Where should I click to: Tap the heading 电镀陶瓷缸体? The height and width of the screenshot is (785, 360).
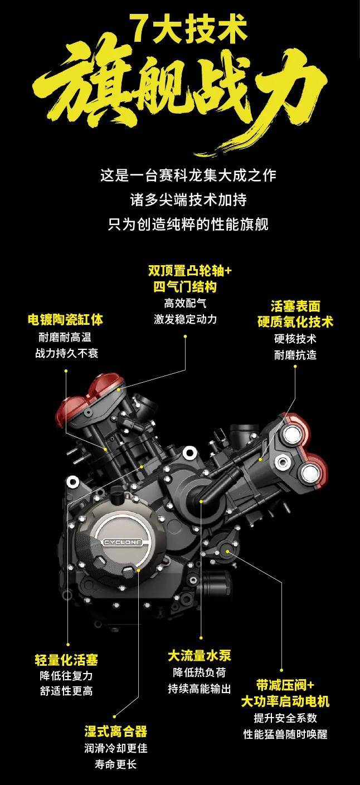click(66, 319)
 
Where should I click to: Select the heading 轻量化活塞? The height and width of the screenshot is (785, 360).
click(66, 660)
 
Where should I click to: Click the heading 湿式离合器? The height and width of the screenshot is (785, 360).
click(116, 732)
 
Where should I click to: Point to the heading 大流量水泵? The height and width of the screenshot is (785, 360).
click(200, 656)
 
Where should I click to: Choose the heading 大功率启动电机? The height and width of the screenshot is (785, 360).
click(285, 701)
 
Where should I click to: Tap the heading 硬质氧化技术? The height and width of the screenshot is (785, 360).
click(295, 321)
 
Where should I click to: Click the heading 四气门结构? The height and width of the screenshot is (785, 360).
click(185, 287)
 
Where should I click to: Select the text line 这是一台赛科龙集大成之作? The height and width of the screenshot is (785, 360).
click(188, 175)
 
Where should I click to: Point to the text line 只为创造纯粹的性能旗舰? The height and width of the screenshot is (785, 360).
click(188, 225)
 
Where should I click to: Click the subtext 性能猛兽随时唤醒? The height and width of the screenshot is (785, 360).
click(285, 734)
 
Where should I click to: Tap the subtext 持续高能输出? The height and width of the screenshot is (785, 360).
click(200, 689)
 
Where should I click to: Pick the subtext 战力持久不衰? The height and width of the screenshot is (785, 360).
click(67, 353)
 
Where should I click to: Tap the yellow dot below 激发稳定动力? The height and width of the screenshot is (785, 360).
click(186, 337)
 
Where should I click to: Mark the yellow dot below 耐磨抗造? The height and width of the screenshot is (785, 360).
click(295, 367)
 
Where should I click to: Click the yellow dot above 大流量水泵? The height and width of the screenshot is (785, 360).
click(201, 638)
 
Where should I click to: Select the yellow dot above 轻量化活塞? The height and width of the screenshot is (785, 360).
click(68, 645)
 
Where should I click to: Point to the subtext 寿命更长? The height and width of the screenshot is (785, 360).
click(116, 764)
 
